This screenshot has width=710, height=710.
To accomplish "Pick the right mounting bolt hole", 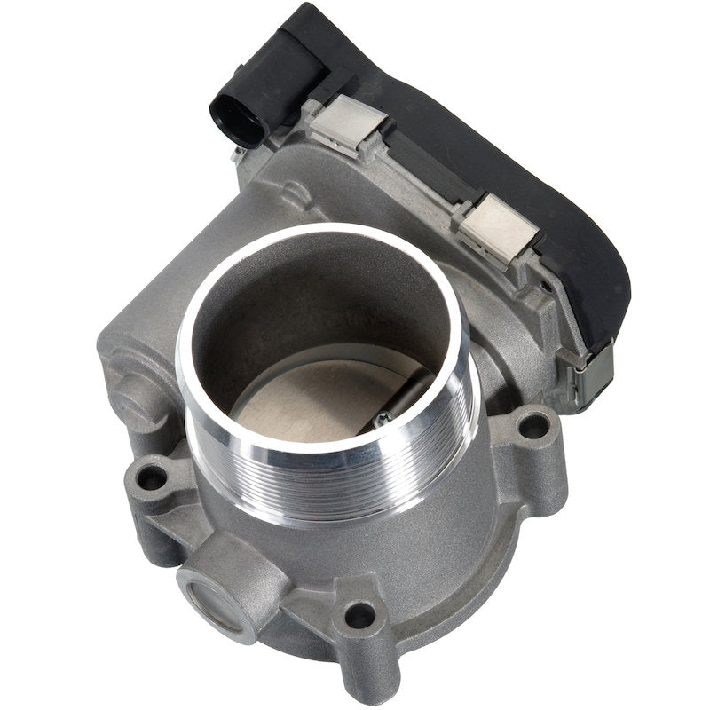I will point(532,423).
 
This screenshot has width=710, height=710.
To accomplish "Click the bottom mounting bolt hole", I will point(360,613).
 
